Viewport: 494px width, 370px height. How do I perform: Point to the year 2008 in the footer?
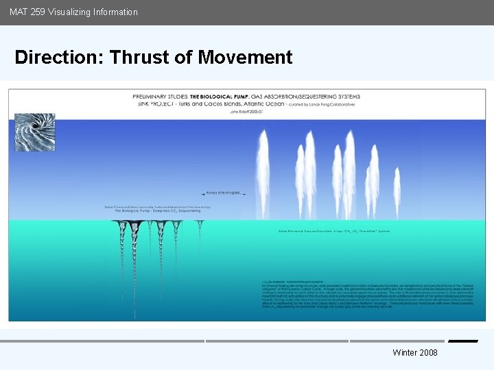click(427, 352)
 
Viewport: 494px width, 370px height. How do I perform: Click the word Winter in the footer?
click(404, 352)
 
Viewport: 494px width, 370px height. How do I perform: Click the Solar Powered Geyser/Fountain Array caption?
click(334, 231)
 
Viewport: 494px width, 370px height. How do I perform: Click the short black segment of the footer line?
click(463, 341)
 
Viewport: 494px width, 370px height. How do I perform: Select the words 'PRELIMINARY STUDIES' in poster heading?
click(160, 97)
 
